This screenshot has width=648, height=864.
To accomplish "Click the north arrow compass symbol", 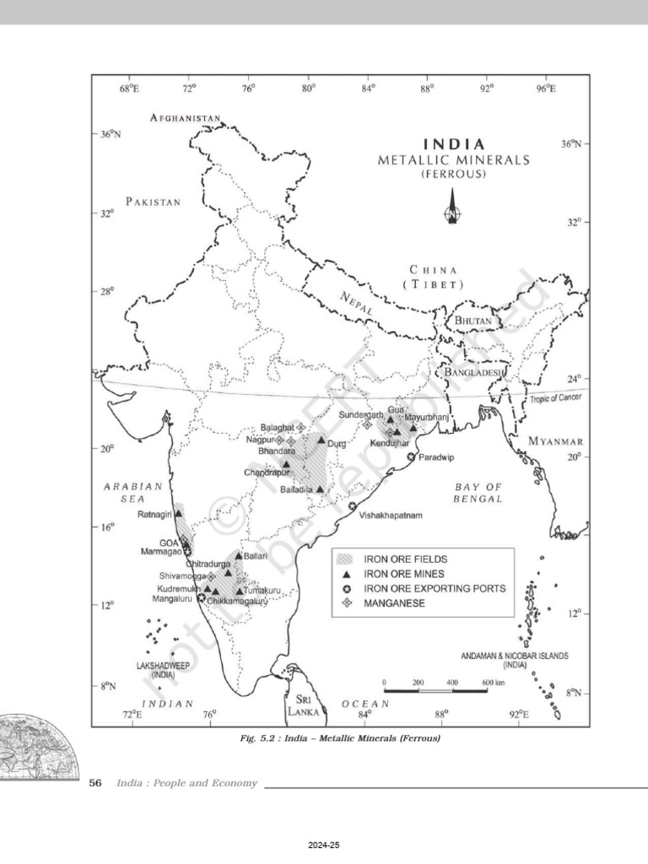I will [x=452, y=208].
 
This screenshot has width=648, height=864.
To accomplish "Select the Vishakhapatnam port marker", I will [x=352, y=505].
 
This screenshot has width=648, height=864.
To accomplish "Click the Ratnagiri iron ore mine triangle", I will [x=178, y=513].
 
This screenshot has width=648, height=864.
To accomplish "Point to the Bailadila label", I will [x=297, y=489].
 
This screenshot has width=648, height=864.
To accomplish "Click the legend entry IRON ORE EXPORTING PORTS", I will [x=435, y=588].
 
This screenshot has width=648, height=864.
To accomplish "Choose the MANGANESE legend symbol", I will [x=343, y=603].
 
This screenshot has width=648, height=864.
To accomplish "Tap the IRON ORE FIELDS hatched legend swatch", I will [x=343, y=559].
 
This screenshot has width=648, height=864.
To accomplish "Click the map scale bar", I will [x=435, y=690].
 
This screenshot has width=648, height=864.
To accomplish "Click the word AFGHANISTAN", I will [x=186, y=118].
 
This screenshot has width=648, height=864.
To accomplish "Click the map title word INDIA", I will [x=453, y=143].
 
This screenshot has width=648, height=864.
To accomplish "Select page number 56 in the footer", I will [x=95, y=784].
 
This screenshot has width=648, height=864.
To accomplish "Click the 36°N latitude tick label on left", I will [x=111, y=134].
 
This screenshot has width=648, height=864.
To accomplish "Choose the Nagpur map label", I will [x=259, y=440].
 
